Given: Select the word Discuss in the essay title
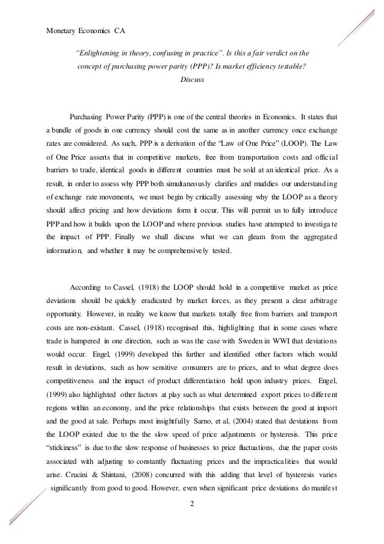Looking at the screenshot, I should (x=191, y=80).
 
